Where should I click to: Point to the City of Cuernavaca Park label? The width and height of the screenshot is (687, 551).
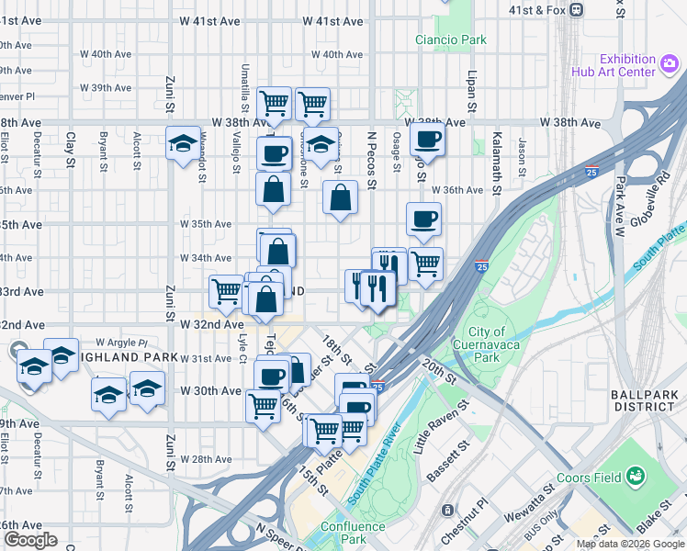(487, 344)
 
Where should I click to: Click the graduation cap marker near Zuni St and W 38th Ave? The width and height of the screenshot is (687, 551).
(184, 143)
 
